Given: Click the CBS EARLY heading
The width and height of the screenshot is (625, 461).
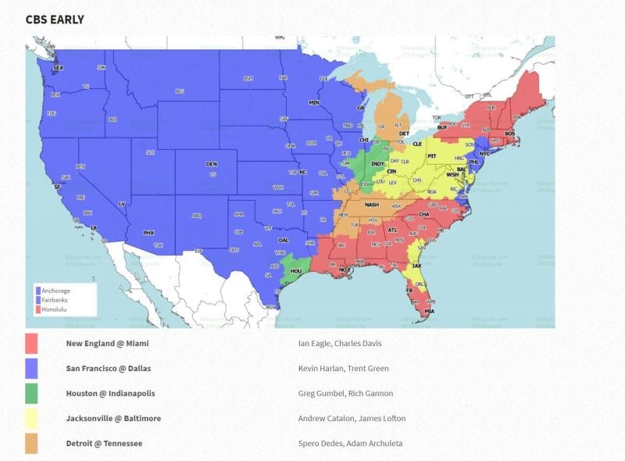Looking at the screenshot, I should pyautogui.click(x=55, y=19).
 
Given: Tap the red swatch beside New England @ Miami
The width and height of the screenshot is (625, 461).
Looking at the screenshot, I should pyautogui.click(x=32, y=343).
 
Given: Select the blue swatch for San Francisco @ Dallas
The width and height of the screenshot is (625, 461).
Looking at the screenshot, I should pyautogui.click(x=32, y=368).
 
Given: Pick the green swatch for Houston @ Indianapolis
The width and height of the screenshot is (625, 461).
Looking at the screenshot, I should pyautogui.click(x=32, y=393).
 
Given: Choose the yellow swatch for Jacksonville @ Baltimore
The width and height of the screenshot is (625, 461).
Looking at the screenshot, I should pyautogui.click(x=32, y=418).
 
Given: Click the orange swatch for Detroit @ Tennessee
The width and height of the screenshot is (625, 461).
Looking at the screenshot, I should pyautogui.click(x=32, y=443).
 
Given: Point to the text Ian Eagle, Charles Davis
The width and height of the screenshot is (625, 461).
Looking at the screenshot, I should pyautogui.click(x=340, y=343).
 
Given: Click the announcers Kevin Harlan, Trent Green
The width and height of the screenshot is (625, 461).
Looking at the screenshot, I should pyautogui.click(x=343, y=368).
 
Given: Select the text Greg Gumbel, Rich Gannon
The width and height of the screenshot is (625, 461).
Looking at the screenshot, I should pyautogui.click(x=345, y=393).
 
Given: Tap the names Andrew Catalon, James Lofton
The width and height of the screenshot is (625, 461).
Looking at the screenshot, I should pyautogui.click(x=352, y=418).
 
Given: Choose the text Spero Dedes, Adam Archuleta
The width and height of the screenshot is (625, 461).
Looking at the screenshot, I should pyautogui.click(x=350, y=443).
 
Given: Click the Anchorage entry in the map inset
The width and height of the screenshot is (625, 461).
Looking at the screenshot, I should pyautogui.click(x=55, y=291).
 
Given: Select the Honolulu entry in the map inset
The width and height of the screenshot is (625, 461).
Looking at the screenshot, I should pyautogui.click(x=54, y=309).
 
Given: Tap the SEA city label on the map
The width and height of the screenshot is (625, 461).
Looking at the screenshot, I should pyautogui.click(x=57, y=69).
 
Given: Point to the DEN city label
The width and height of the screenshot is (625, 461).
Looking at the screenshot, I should pyautogui.click(x=211, y=164).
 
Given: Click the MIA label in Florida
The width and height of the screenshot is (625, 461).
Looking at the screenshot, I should pyautogui.click(x=429, y=312).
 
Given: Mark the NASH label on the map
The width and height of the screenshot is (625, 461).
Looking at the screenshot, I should pyautogui.click(x=372, y=205).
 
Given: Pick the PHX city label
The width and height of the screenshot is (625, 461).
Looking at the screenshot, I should pyautogui.click(x=149, y=232).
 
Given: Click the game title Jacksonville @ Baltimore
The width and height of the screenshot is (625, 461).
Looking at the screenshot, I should pyautogui.click(x=113, y=418).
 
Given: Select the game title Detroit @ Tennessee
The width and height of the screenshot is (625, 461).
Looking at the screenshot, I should pyautogui.click(x=104, y=443).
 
